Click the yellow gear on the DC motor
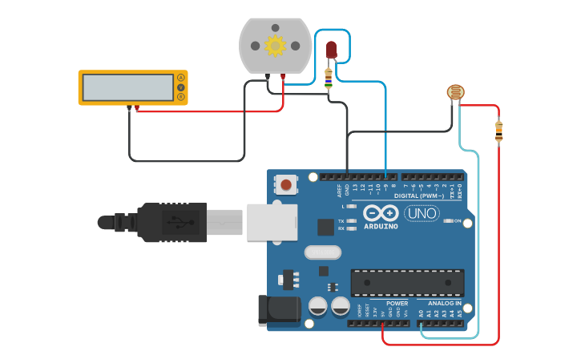pos(275,46)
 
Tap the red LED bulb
pos(331,50)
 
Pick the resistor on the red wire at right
pos(498,130)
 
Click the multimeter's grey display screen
pos(128,87)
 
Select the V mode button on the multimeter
pos(181,87)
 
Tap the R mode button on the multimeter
pos(181,97)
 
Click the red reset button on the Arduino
pos(286,186)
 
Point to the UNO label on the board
pos(421,214)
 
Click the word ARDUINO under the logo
pos(381,226)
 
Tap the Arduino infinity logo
pos(381,213)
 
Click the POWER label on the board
pos(397,304)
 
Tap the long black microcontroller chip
pos(407,282)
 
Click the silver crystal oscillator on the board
pos(322,253)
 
